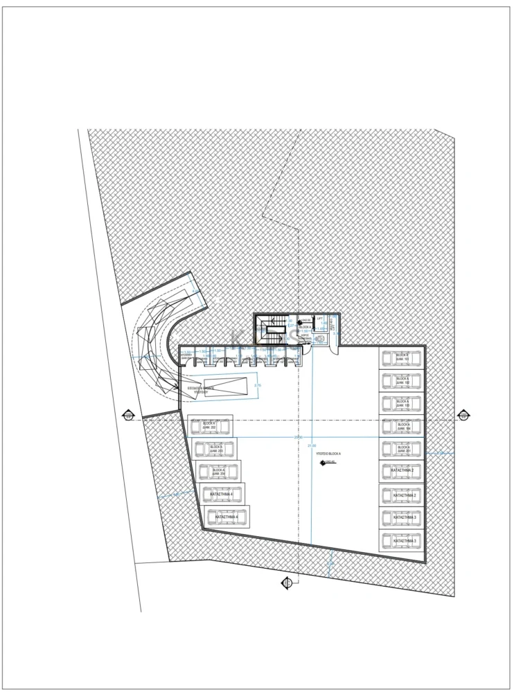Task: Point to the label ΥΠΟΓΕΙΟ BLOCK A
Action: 329,452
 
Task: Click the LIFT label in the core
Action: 320,319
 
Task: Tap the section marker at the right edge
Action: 463,416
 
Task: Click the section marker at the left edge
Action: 128,416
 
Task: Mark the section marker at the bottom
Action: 286,583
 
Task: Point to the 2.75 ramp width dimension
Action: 258,385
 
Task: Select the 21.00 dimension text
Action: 311,445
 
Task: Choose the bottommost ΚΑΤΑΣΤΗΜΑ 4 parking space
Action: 227,517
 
